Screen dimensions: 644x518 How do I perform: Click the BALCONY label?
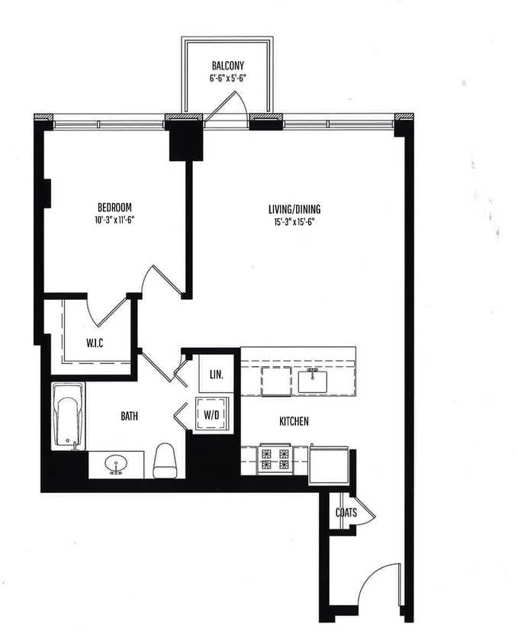(227, 66)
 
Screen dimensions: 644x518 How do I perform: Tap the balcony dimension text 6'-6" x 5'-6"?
(227, 78)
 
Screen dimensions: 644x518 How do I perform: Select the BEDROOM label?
(114, 208)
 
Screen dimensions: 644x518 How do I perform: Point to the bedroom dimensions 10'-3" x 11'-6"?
(114, 220)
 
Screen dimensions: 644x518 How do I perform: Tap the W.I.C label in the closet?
(95, 343)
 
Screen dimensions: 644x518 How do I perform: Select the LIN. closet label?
(217, 375)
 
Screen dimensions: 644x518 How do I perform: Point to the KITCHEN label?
(294, 421)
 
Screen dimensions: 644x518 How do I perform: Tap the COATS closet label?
(346, 513)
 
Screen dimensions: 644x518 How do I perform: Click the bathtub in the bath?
(68, 416)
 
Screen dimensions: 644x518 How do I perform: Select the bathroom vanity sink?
(116, 463)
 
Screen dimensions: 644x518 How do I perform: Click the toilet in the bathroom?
(165, 460)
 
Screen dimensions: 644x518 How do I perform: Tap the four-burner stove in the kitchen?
(275, 459)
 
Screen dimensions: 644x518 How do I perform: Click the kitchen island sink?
(313, 379)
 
